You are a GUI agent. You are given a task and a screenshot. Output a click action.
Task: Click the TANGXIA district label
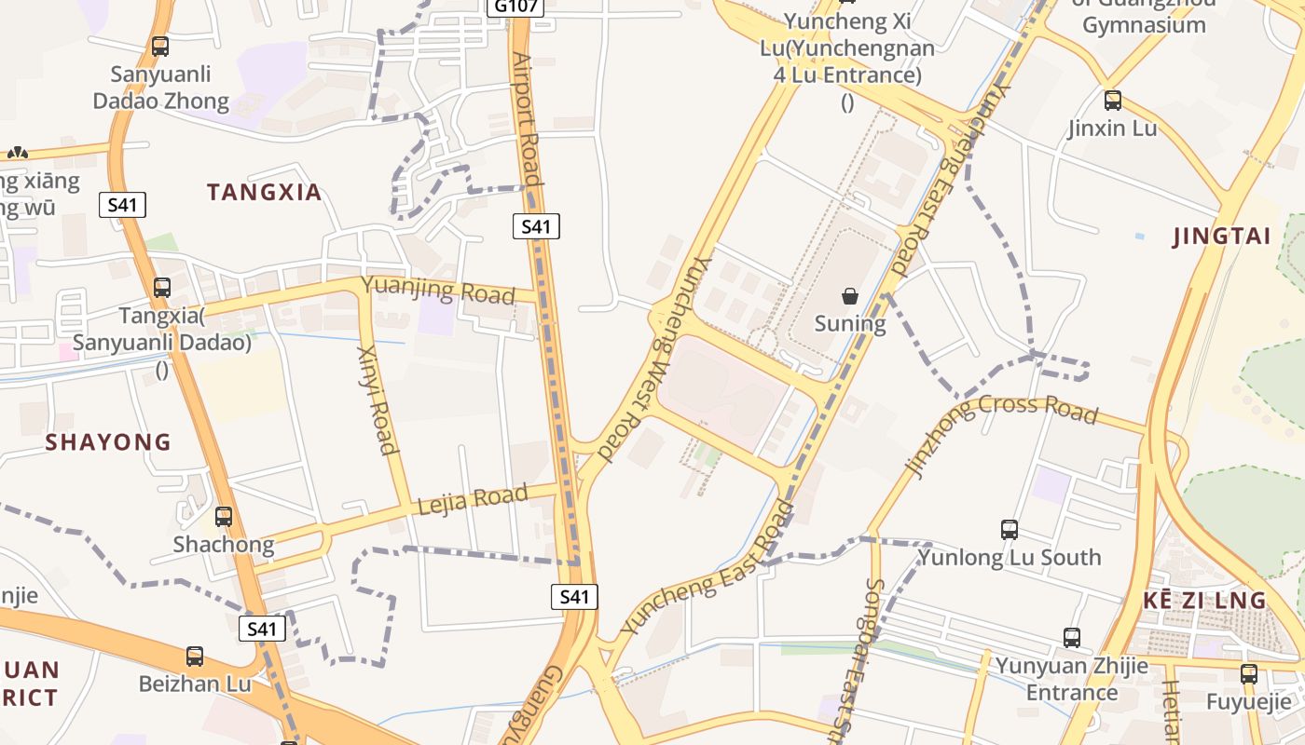point(264,193)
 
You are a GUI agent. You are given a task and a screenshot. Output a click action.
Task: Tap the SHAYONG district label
point(108,442)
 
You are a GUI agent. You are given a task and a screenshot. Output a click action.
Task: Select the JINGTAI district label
point(1222,237)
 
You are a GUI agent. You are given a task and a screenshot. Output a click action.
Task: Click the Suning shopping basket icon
point(850,296)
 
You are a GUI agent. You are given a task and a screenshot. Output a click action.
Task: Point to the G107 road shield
point(514,7)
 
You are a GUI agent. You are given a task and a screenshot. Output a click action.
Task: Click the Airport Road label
point(527,118)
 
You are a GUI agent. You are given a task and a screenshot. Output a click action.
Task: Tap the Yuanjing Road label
point(437,290)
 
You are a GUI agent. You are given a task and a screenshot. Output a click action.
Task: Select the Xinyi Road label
point(377,400)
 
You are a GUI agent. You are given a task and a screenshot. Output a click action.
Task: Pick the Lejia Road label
point(473,499)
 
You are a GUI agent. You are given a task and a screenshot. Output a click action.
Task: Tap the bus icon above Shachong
point(224,516)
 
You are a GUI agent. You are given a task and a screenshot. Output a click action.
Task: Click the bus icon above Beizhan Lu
point(195,657)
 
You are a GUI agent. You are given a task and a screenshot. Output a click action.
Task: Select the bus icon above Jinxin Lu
point(1112,101)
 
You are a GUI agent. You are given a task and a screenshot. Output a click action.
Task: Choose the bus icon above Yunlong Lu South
point(1010,530)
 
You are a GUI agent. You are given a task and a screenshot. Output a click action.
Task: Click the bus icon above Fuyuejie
point(1249,674)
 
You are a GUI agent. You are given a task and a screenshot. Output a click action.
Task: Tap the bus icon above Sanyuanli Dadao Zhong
point(160,46)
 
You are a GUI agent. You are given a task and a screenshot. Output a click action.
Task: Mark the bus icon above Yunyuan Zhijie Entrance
point(1072,638)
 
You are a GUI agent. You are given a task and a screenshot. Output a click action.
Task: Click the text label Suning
point(850,324)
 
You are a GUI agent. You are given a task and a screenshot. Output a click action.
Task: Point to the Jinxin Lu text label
point(1112,129)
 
